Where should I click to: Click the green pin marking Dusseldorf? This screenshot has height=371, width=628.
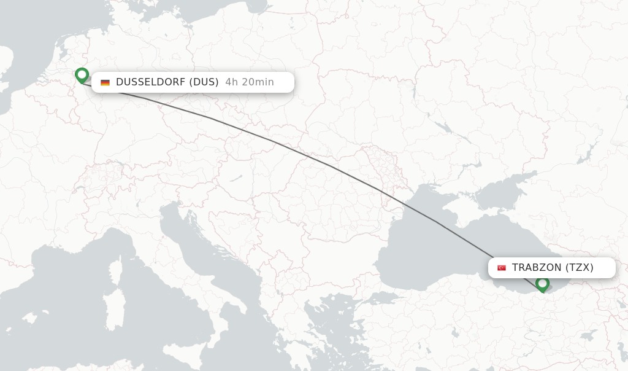[82, 75]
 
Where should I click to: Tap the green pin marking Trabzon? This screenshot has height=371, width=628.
[542, 284]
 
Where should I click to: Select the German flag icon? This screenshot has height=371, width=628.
[105, 82]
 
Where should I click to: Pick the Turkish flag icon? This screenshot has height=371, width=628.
[502, 268]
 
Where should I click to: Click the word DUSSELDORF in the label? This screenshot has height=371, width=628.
[150, 82]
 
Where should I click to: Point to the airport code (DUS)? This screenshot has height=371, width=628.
[204, 82]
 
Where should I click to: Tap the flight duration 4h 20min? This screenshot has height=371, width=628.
[250, 82]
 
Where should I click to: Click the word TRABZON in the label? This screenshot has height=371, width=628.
[537, 268]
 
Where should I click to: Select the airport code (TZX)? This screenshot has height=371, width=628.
[580, 268]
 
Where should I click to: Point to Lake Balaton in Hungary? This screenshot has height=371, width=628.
[236, 178]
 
